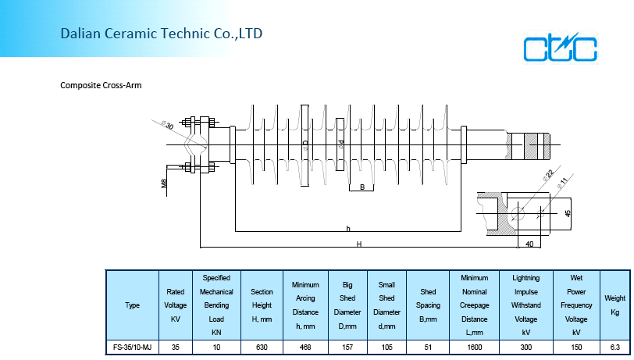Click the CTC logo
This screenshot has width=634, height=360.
point(561,48)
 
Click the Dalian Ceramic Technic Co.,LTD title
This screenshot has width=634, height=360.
point(162,34)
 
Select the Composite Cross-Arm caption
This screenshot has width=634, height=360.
point(101,84)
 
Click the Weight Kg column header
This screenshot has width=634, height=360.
point(615,305)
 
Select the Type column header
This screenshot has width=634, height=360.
point(132,305)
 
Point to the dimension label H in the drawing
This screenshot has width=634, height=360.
point(359,244)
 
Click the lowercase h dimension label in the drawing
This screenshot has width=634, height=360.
point(348,228)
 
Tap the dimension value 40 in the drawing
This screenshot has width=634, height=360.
point(530,244)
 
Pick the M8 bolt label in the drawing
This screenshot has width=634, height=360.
point(164,183)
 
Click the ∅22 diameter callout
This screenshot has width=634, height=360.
point(548,176)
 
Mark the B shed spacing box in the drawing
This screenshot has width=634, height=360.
point(362,187)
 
